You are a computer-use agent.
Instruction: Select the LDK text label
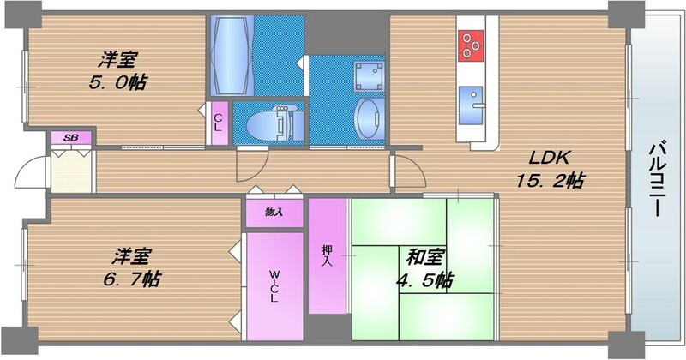click(x=549, y=158)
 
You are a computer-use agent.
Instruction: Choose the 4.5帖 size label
click(x=425, y=279)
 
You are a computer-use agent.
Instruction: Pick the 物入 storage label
click(x=274, y=212)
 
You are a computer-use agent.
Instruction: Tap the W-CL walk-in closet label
click(x=274, y=286)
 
